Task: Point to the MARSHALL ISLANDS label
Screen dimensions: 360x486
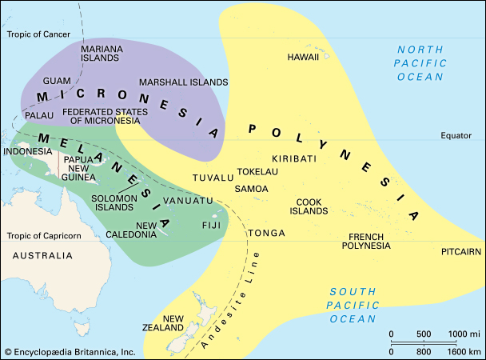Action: (183, 82)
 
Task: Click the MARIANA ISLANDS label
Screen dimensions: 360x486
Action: (102, 54)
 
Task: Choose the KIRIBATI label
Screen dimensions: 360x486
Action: (294, 158)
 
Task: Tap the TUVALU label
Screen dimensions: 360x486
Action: (212, 177)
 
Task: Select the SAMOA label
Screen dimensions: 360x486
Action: (253, 189)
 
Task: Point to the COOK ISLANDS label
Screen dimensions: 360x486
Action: (311, 206)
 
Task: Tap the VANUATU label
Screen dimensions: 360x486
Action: (187, 199)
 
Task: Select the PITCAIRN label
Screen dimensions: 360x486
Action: (461, 251)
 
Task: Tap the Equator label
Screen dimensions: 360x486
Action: (456, 135)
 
